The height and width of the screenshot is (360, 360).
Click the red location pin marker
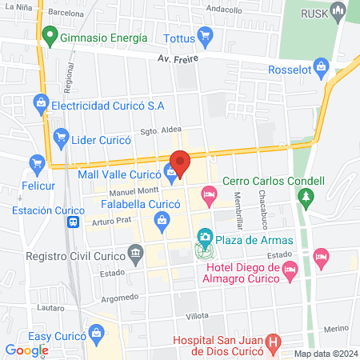[x=180, y=162]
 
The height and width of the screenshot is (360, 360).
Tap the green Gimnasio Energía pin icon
[x=50, y=37]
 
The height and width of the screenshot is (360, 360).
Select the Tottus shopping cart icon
[x=206, y=37]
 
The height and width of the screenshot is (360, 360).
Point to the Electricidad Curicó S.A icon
[x=40, y=102]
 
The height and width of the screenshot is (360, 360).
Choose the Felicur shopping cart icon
[x=36, y=164]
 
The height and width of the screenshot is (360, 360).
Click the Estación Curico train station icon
[x=74, y=222]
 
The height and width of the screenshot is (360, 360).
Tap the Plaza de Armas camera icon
[x=205, y=237]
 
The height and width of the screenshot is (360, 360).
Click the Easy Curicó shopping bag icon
[x=97, y=331]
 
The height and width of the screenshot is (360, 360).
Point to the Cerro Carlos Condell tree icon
[x=305, y=195]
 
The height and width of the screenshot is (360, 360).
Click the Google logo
[x=26, y=350]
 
